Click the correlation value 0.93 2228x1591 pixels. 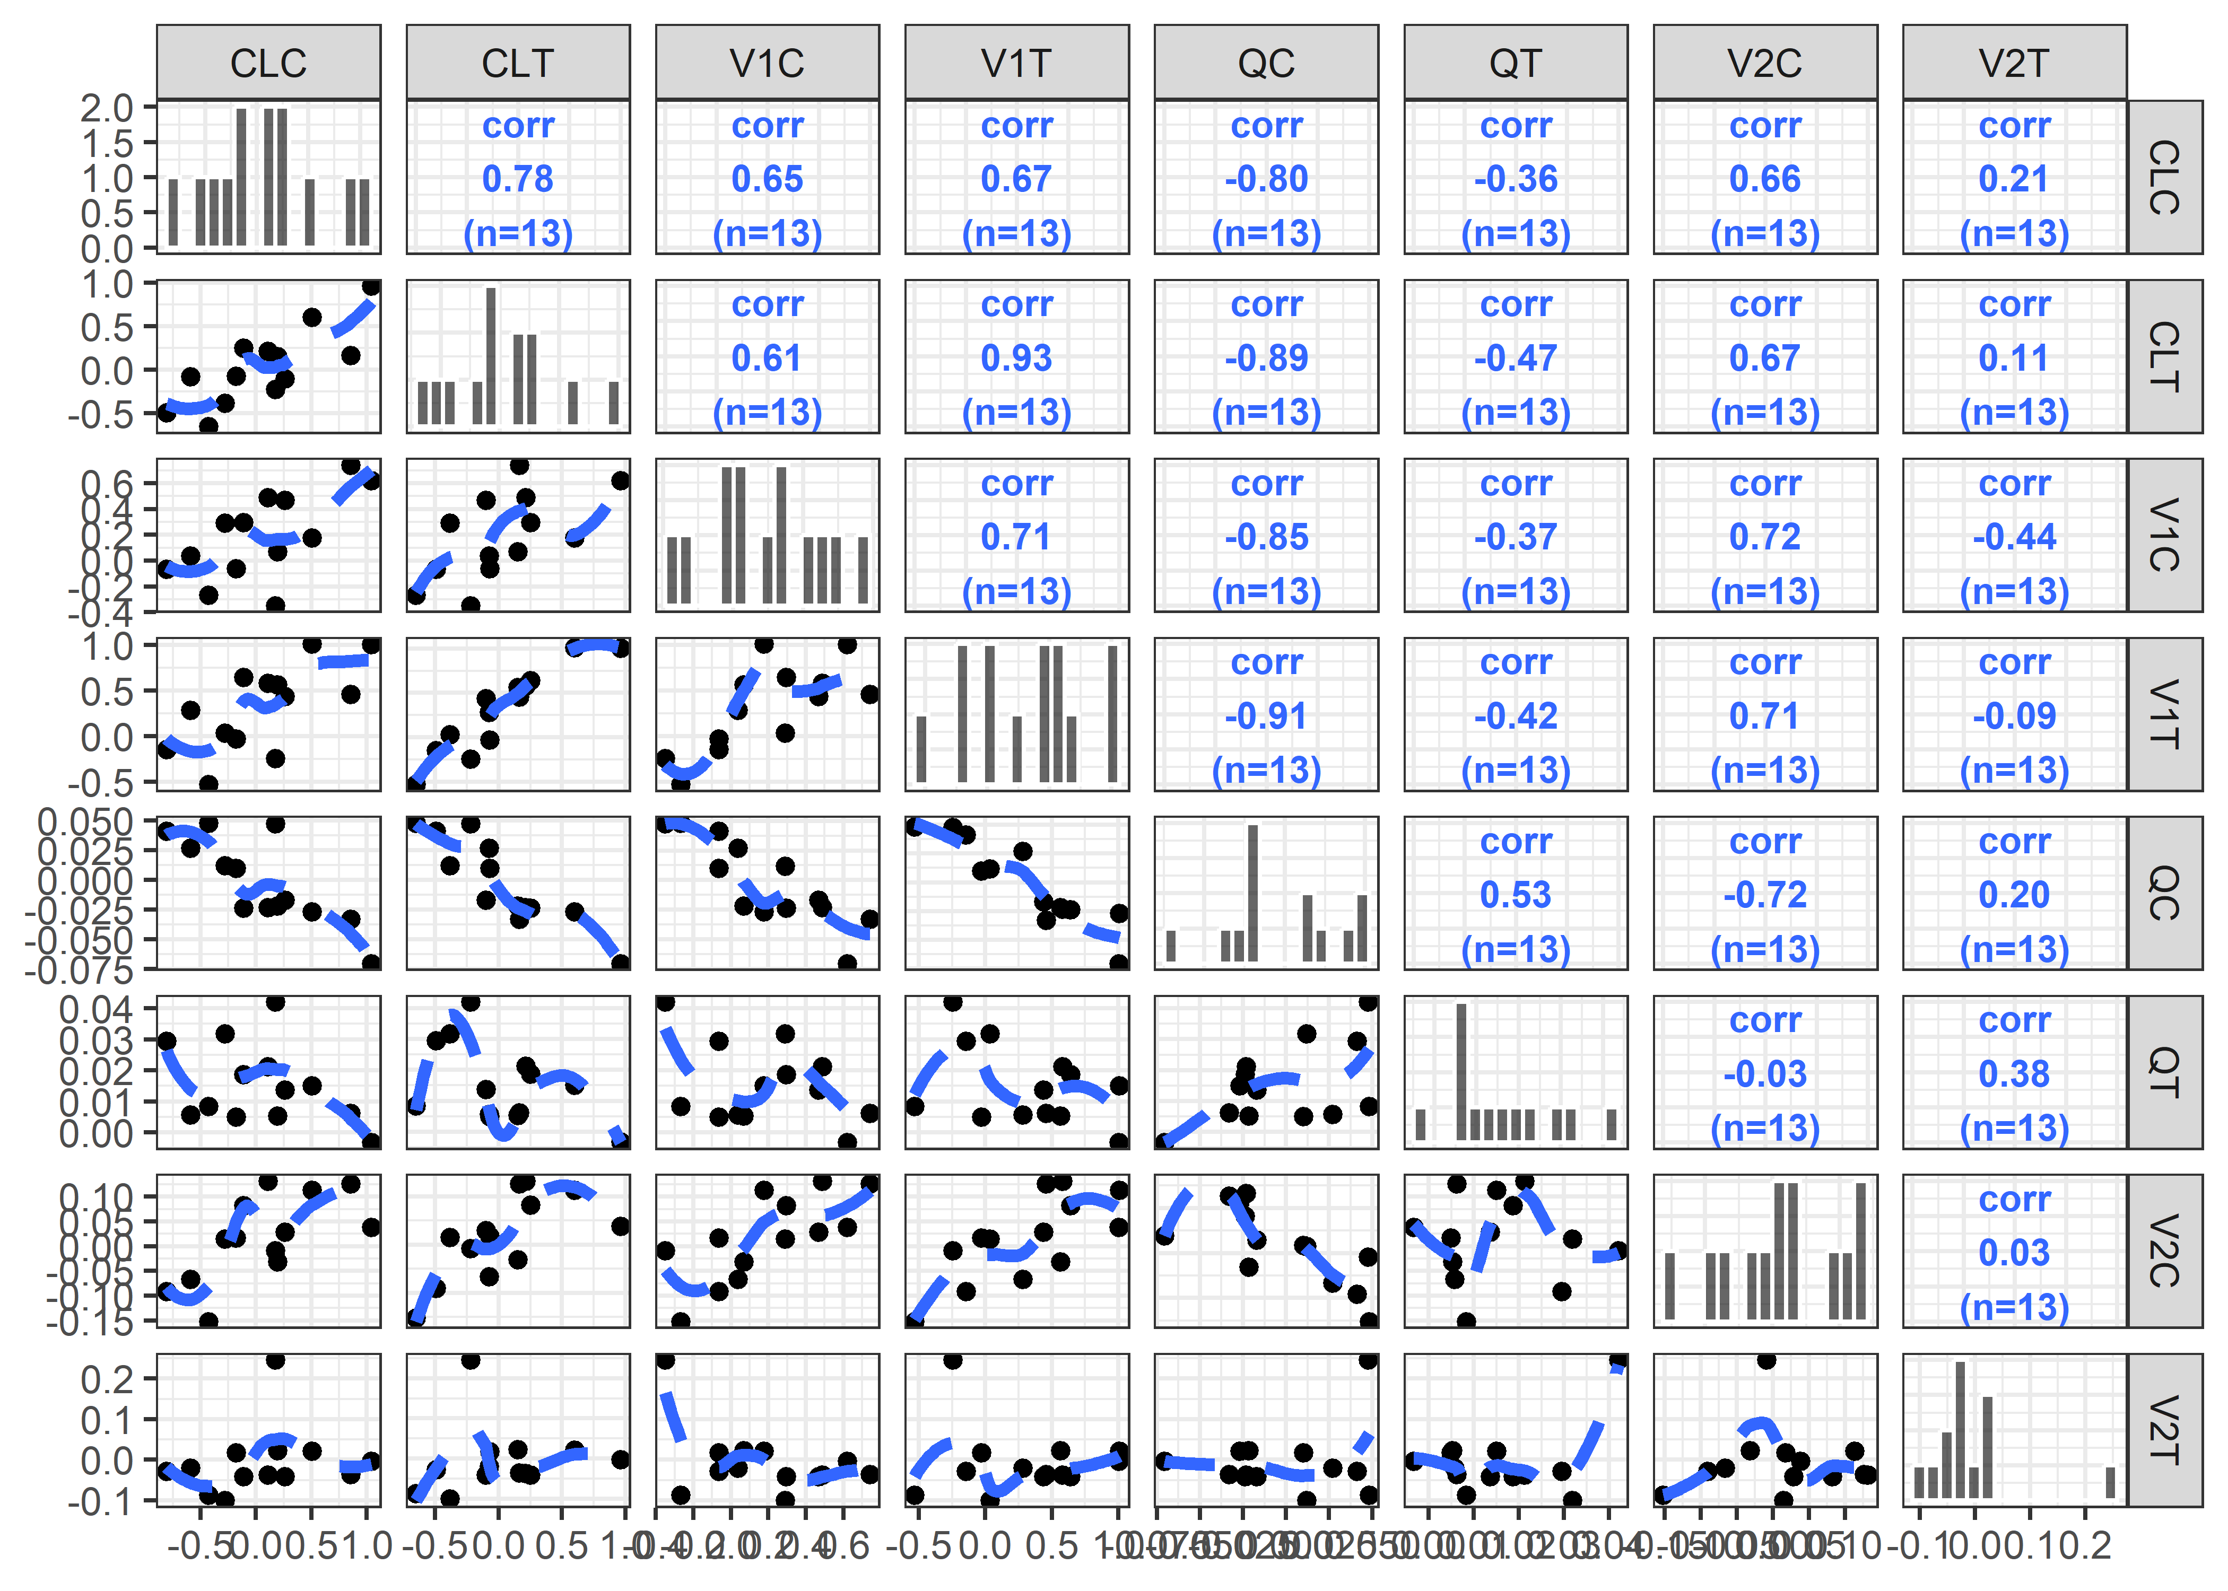[1016, 359]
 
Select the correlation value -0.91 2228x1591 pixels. [1266, 716]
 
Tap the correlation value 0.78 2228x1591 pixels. [517, 179]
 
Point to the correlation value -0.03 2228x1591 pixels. [1764, 1074]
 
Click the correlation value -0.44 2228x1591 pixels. [2014, 537]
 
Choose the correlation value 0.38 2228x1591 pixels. [2014, 1074]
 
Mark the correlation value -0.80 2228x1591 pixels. [1266, 179]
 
